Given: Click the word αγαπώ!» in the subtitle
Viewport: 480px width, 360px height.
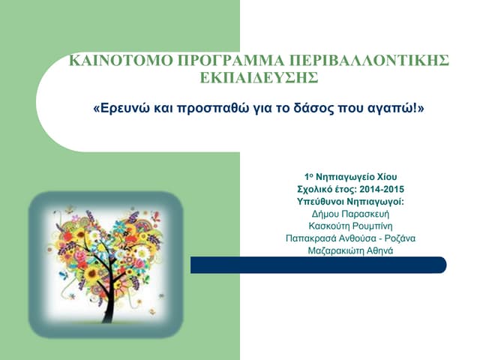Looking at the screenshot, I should (x=403, y=109).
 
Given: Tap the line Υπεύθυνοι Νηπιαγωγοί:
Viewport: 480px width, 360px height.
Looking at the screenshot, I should (x=351, y=202).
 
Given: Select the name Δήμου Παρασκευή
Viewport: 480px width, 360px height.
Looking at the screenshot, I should (x=351, y=214).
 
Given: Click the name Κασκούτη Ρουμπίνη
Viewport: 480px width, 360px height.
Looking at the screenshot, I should (x=351, y=226).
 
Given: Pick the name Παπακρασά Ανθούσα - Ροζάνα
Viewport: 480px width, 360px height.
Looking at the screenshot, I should (x=351, y=238).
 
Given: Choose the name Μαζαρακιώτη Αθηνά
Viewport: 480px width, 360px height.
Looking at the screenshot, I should (x=351, y=250).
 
